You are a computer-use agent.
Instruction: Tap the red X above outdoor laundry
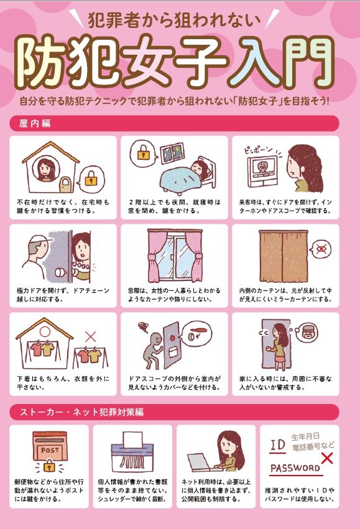pyautogui.click(x=91, y=336)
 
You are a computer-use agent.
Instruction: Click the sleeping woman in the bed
pyautogui.click(x=198, y=167)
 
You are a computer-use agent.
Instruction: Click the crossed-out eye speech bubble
pyautogui.click(x=321, y=250)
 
